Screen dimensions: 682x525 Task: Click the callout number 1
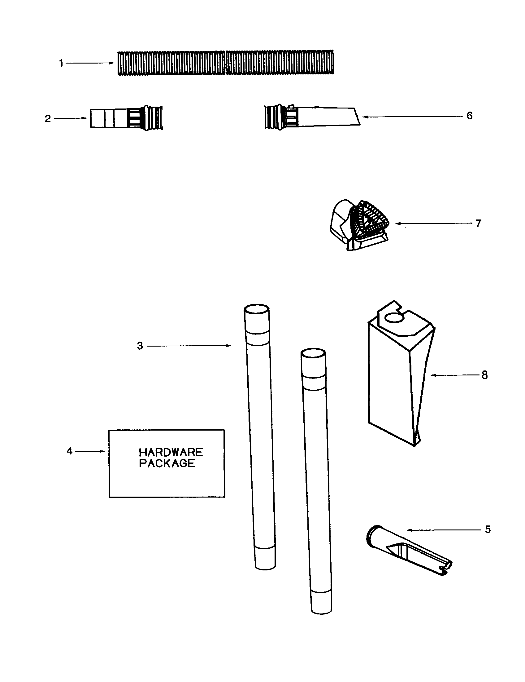coord(61,63)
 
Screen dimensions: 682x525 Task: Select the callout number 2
coord(48,119)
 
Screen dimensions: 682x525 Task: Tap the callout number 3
coord(140,346)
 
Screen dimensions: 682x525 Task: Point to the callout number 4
coord(70,451)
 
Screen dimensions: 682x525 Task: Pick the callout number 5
coord(488,529)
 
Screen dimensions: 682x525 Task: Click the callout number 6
coord(470,116)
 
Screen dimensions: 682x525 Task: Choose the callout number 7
coord(479,223)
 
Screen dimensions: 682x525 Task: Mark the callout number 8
coord(484,375)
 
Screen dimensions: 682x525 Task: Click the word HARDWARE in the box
coord(171,453)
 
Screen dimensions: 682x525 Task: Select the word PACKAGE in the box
coord(167,463)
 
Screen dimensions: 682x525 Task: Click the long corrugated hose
coord(225,62)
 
